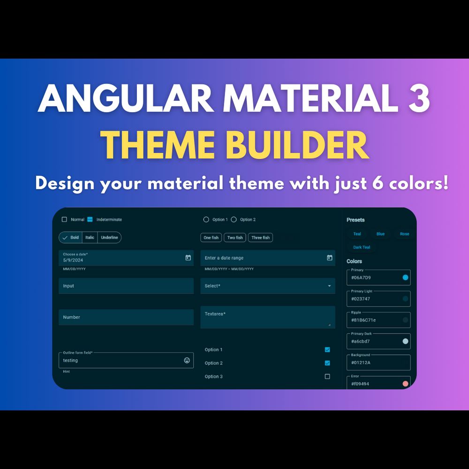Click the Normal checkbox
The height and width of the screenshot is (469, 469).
[64, 219]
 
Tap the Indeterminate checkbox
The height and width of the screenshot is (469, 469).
[90, 219]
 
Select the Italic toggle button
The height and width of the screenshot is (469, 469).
[90, 237]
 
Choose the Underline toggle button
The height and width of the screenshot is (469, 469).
[109, 237]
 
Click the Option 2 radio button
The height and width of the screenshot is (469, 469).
[234, 219]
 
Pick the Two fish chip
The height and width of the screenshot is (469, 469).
[235, 238]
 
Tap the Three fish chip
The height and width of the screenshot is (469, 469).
[260, 238]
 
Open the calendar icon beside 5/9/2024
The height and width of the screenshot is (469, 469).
[188, 258]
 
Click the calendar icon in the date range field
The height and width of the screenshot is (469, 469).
[330, 258]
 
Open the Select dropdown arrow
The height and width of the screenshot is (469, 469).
[329, 286]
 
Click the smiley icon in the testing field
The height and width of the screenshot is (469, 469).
[187, 360]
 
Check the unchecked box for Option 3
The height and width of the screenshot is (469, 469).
[327, 377]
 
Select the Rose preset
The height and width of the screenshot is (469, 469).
[404, 234]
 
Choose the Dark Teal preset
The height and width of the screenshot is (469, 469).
[362, 247]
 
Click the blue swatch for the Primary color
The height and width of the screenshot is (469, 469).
[406, 278]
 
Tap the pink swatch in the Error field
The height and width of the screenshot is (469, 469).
[406, 384]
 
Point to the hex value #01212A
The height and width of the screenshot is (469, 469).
[361, 363]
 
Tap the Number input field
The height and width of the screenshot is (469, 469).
[126, 317]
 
